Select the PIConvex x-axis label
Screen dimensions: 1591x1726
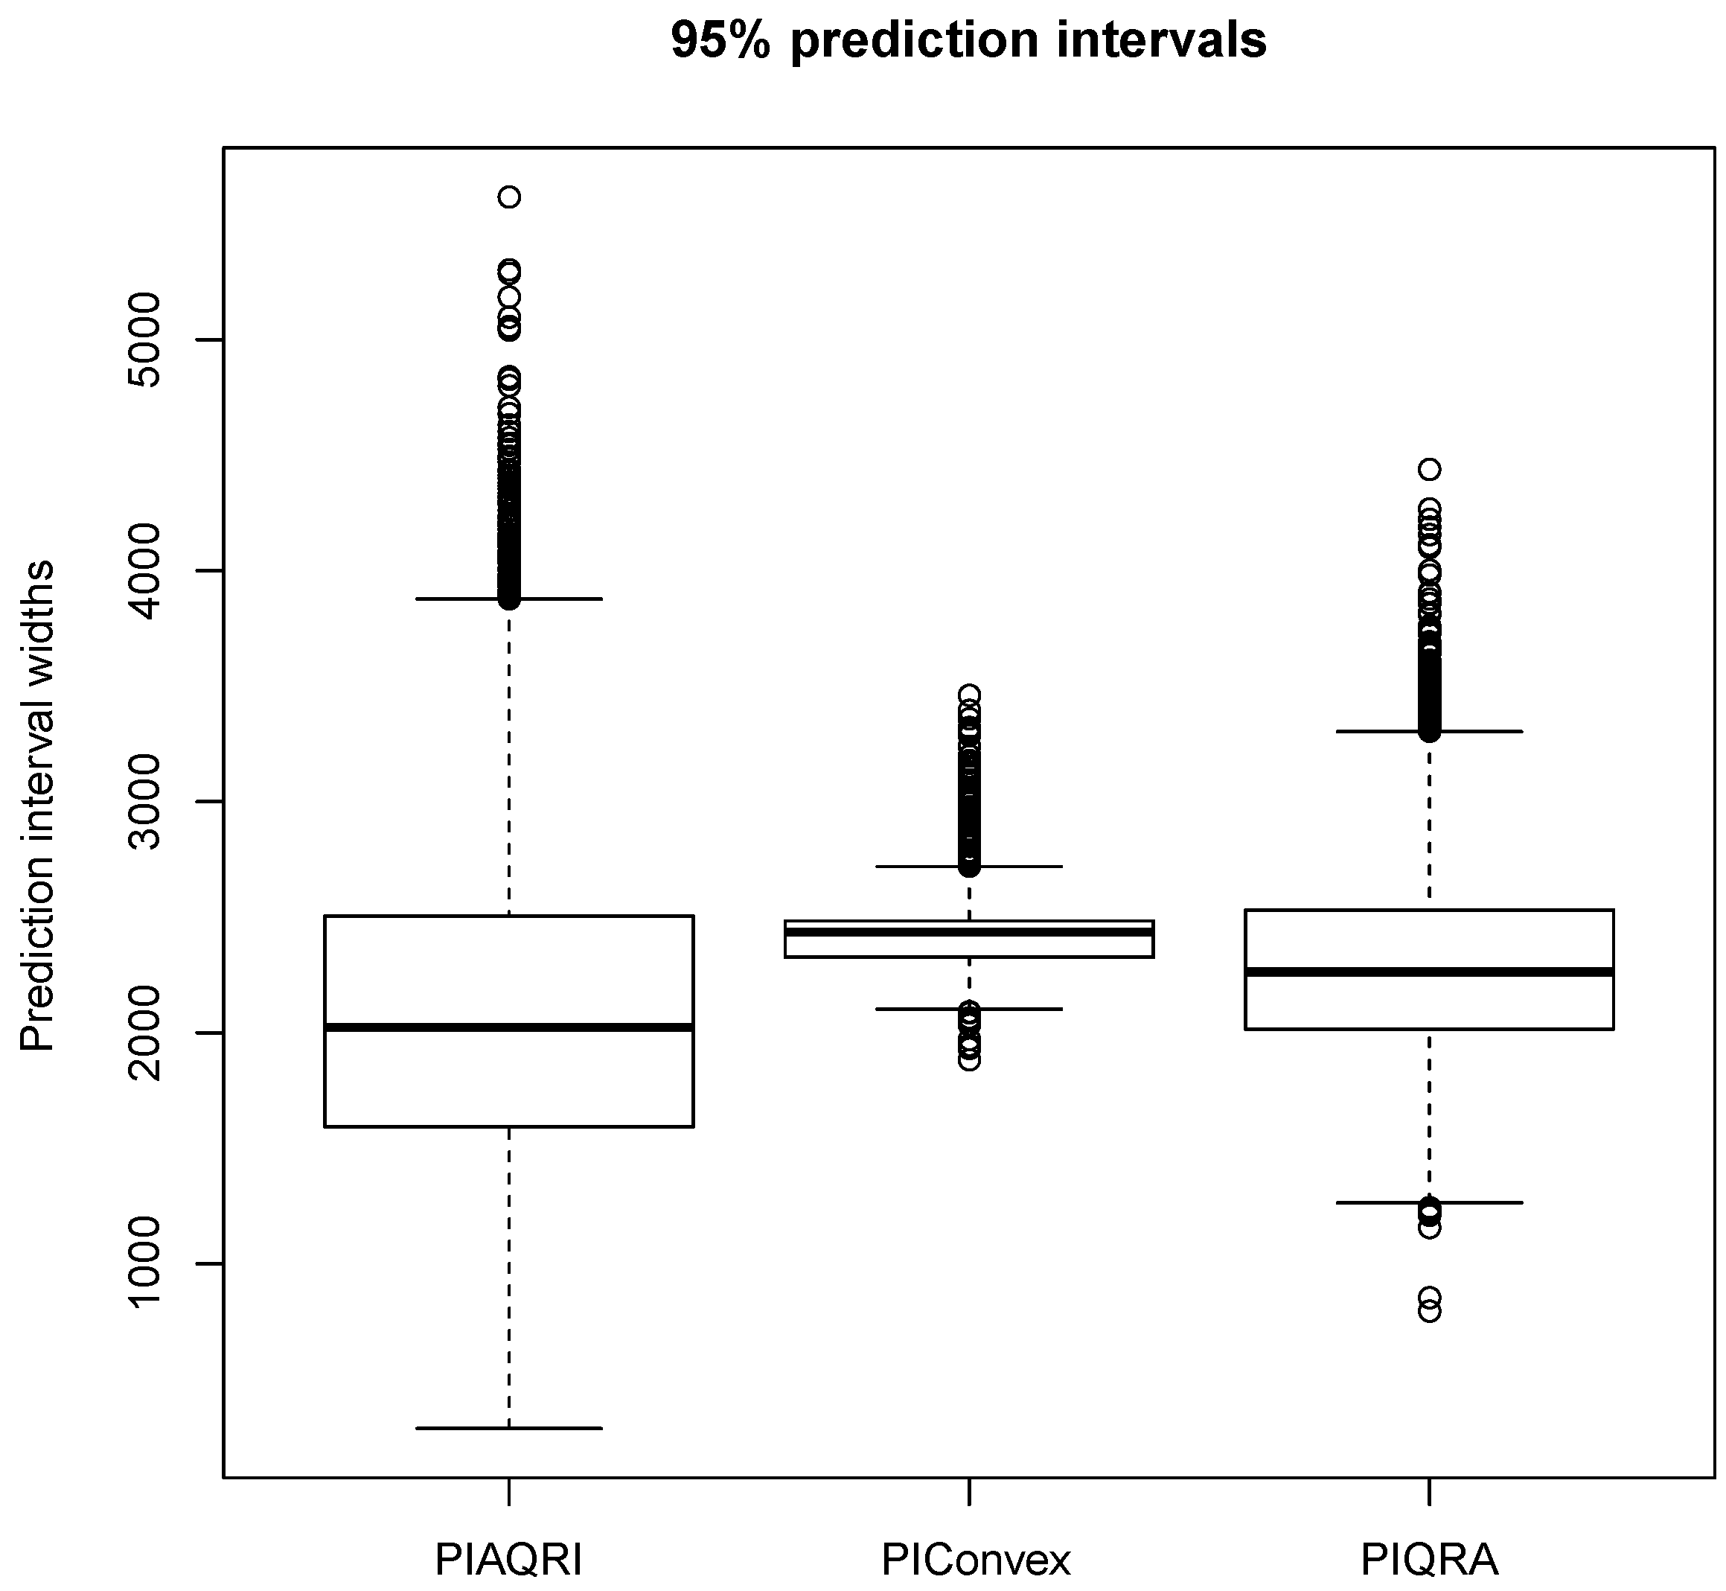(x=975, y=1558)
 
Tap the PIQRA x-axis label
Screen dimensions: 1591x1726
(x=1429, y=1558)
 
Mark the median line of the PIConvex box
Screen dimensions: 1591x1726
(x=968, y=932)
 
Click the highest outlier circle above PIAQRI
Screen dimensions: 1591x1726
(x=509, y=197)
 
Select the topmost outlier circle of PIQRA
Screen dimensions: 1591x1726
(x=1430, y=469)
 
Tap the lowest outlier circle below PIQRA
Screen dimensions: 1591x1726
(x=1430, y=1311)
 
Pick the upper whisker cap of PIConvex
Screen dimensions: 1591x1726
(x=968, y=866)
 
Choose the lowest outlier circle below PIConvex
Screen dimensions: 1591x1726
(x=969, y=1060)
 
